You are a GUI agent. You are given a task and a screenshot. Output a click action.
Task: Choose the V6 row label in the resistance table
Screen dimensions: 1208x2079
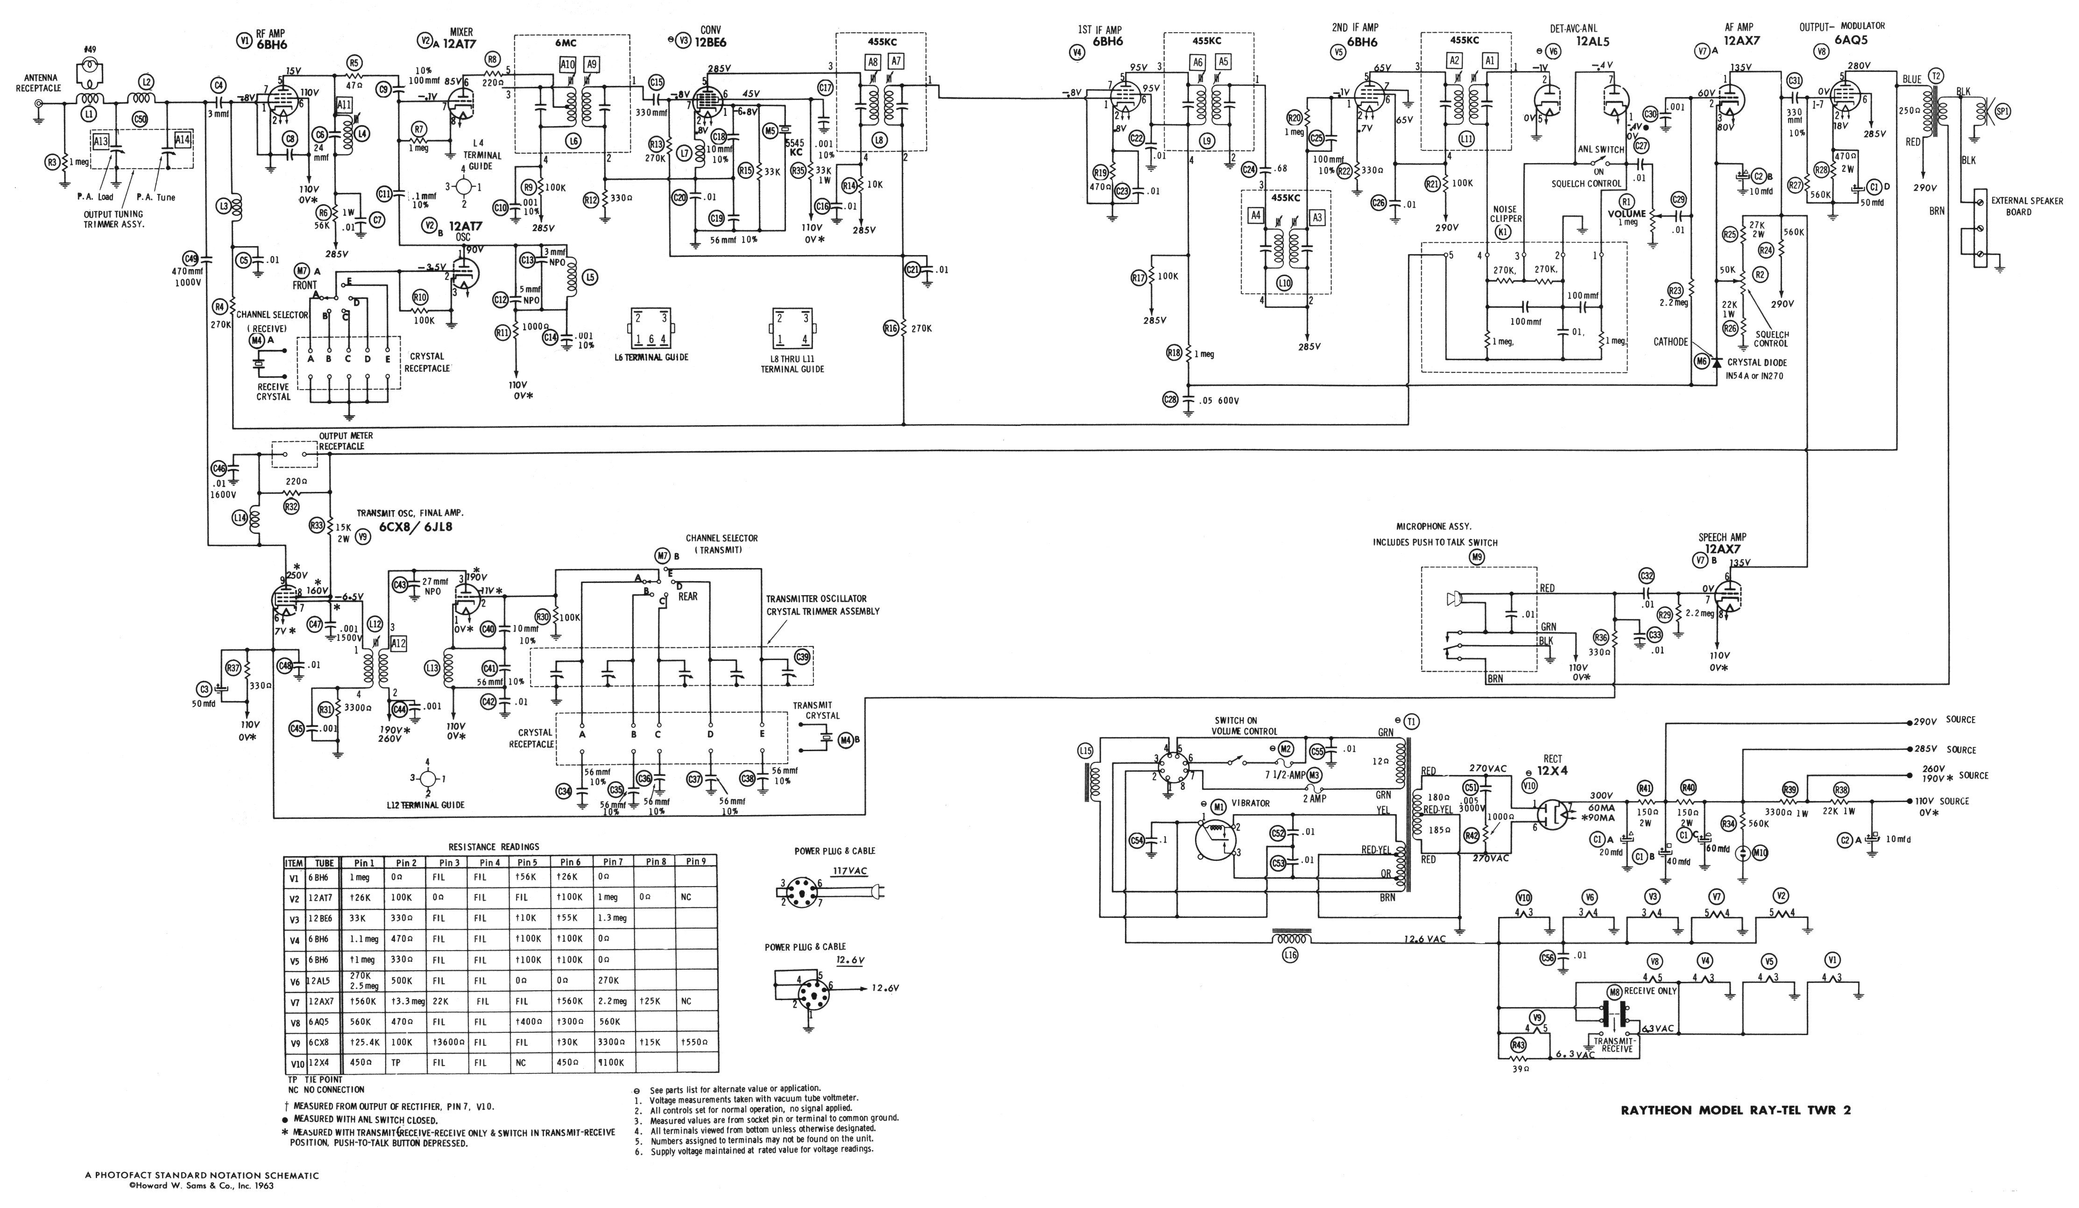tap(295, 981)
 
